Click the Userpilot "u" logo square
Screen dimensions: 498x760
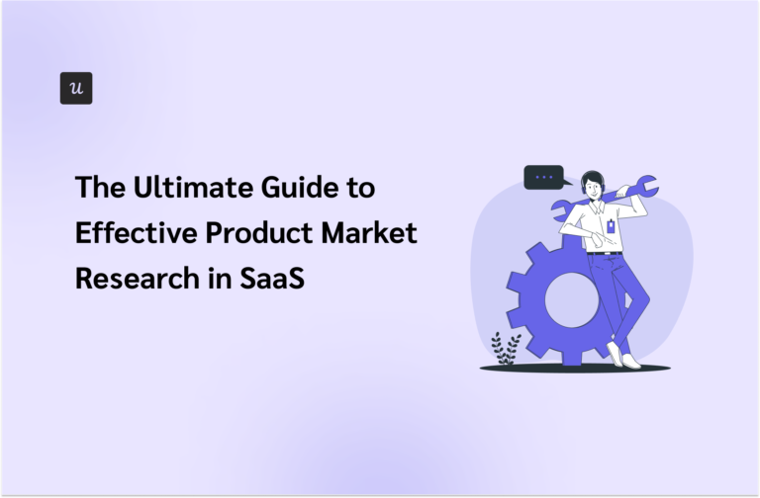tap(76, 88)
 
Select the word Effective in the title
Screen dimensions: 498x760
tap(131, 233)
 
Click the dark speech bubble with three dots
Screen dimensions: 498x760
tap(543, 178)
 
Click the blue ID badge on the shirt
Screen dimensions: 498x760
tap(610, 226)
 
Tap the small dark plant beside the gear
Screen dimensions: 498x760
tap(507, 349)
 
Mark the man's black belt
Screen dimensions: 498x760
tap(603, 253)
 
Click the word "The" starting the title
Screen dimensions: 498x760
tap(96, 187)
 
